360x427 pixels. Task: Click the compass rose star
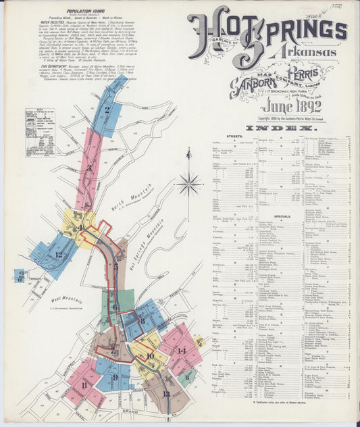pos(189,182)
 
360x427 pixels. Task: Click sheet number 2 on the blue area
pos(107,110)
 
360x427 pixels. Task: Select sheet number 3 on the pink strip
pos(88,168)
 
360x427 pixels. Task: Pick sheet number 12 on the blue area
pos(59,255)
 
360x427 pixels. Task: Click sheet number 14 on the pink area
pos(181,350)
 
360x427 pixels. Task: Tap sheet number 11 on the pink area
pos(84,384)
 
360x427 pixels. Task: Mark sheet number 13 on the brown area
pos(166,393)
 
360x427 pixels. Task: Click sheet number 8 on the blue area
pos(143,320)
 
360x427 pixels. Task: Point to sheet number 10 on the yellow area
pos(150,355)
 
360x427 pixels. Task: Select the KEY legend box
pos(40,132)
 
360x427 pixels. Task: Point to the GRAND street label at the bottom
pos(130,409)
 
